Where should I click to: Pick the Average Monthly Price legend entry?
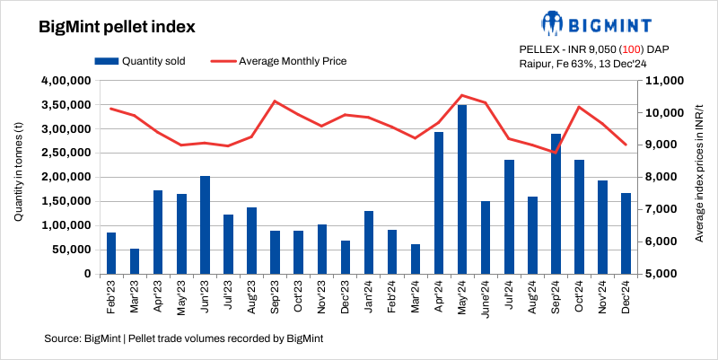[278, 61]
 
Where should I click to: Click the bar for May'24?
[462, 189]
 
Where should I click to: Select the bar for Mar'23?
[135, 261]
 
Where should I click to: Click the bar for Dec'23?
[346, 257]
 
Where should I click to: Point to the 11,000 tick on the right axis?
[660, 81]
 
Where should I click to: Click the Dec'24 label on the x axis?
[626, 294]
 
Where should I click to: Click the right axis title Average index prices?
[698, 177]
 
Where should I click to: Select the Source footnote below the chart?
[183, 338]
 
